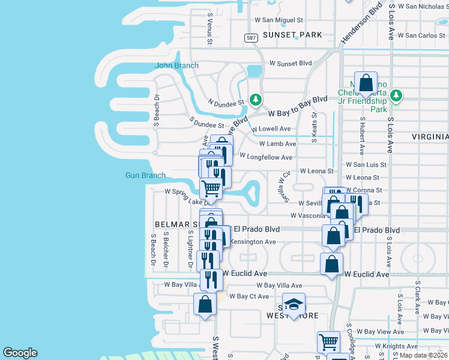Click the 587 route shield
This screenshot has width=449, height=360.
click(250, 38)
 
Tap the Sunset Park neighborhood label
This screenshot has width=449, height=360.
click(292, 35)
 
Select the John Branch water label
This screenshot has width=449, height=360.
click(176, 65)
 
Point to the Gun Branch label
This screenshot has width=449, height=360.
click(145, 175)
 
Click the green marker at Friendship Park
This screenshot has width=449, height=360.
click(396, 95)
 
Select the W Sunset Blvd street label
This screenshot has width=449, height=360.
click(291, 63)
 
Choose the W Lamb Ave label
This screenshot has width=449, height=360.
click(277, 144)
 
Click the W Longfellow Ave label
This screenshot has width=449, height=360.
click(266, 157)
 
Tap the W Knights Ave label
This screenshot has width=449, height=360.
click(396, 346)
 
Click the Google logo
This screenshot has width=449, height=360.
click(20, 353)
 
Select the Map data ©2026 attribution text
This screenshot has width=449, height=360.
click(423, 355)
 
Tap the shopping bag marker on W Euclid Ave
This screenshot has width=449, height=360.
click(331, 264)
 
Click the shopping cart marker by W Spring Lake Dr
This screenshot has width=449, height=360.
click(211, 188)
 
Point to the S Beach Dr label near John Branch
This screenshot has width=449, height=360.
click(155, 110)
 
